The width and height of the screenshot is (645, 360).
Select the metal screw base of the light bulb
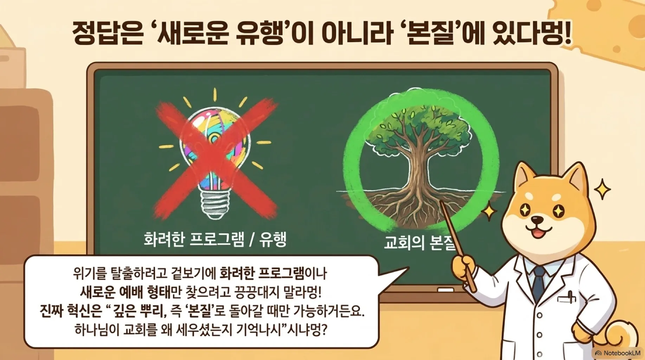pos(213,204)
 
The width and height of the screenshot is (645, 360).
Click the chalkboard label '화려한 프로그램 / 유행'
pos(215,239)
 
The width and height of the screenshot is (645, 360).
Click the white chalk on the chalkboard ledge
pos(445,290)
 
